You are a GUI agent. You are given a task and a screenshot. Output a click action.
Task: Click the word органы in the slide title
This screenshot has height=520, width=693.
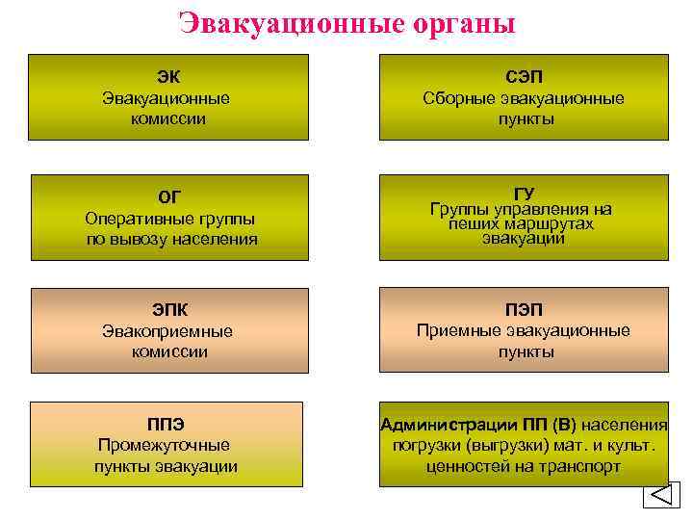pyautogui.click(x=460, y=24)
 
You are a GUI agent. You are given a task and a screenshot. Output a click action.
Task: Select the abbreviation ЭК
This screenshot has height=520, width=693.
pyautogui.click(x=168, y=75)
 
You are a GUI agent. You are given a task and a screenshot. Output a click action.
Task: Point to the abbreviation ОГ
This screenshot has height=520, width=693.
pyautogui.click(x=168, y=197)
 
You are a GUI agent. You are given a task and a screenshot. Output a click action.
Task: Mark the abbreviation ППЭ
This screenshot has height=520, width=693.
pyautogui.click(x=166, y=424)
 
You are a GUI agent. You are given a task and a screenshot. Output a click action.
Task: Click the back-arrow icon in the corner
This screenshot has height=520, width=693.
pyautogui.click(x=660, y=495)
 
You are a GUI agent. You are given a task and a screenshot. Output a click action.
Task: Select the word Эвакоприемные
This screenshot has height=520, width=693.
pyautogui.click(x=168, y=331)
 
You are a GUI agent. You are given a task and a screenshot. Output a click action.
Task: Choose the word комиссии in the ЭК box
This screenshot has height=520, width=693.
pyautogui.click(x=168, y=119)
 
